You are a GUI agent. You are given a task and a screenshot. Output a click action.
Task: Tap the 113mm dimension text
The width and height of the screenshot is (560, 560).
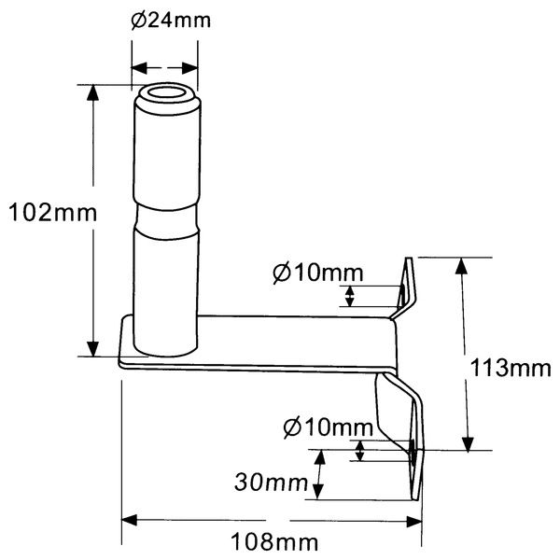click(510, 368)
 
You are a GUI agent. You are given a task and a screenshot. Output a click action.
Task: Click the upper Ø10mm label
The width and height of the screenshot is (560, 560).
click(316, 273)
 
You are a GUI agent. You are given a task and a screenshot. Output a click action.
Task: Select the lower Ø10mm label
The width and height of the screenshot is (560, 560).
click(326, 428)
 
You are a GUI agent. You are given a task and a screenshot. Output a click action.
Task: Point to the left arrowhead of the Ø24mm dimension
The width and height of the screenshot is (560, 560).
click(136, 67)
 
